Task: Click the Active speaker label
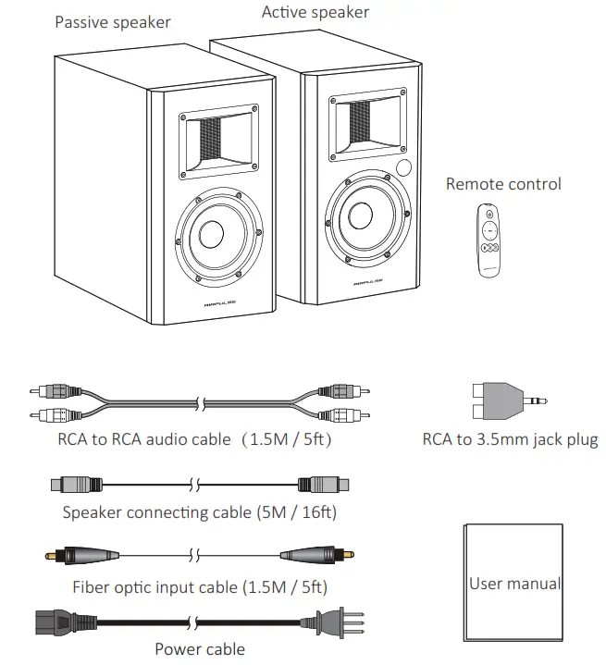[315, 12]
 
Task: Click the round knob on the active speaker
[405, 168]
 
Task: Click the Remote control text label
[503, 184]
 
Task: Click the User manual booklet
[513, 583]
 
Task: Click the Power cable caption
[200, 649]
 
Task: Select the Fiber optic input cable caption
[200, 587]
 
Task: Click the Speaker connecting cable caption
[199, 511]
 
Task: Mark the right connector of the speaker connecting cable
[323, 483]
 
